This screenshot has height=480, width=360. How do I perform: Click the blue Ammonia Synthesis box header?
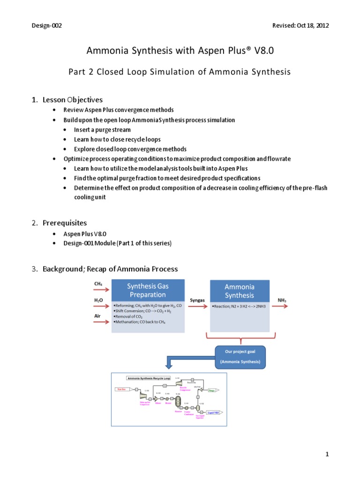[x=240, y=291]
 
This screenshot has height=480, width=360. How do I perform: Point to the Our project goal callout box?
[x=240, y=357]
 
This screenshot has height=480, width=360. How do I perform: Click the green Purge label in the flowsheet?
[x=211, y=390]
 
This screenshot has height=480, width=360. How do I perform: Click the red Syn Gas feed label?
[x=121, y=389]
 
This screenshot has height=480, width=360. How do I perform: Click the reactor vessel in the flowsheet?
[x=178, y=401]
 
